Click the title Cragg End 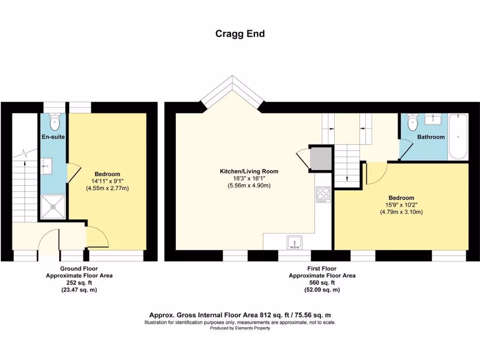(240, 34)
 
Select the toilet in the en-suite (55, 122)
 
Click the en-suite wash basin (47, 164)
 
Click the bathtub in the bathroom (457, 137)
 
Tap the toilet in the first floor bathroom (412, 123)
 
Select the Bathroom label (431, 137)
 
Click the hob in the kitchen (323, 194)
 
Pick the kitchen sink (295, 242)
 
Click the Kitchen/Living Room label (249, 172)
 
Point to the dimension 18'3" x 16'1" (249, 179)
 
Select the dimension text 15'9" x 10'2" (401, 205)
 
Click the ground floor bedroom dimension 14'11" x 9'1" (107, 181)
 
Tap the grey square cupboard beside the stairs (321, 158)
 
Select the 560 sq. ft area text (322, 283)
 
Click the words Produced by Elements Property (240, 328)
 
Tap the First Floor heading (322, 268)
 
